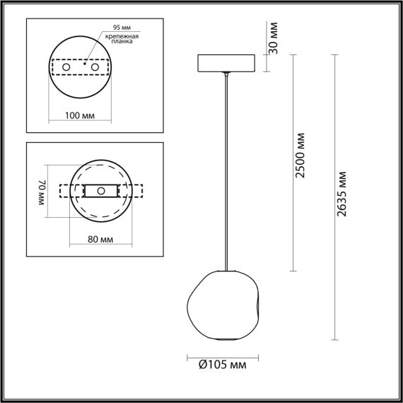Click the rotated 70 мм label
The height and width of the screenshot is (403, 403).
coord(41,191)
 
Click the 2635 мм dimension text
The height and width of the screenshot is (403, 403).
coord(343,193)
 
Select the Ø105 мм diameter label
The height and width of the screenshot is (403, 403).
coord(223,366)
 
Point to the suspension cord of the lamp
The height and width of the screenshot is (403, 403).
coord(225,170)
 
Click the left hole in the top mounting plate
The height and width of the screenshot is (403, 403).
coord(68,66)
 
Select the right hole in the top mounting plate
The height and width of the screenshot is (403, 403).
coord(92,66)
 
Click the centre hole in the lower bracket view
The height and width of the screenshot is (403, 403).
coord(100,191)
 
